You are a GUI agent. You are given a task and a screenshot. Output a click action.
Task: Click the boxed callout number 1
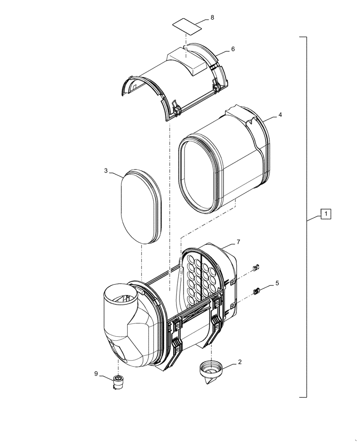point(325,214)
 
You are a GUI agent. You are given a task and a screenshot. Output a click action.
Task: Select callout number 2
point(240,362)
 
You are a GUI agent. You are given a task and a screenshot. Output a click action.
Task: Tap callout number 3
point(106,171)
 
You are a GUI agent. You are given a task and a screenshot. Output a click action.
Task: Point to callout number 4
point(280,115)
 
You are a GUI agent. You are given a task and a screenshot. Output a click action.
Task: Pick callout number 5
point(277,282)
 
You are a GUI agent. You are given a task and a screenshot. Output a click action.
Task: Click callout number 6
point(232,49)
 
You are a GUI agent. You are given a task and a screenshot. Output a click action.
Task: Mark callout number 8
point(212,17)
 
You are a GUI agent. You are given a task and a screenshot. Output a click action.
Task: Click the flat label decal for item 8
point(187,26)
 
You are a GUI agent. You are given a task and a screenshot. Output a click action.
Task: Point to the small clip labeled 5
point(256,291)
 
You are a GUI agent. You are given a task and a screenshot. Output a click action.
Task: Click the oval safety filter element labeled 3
point(140,206)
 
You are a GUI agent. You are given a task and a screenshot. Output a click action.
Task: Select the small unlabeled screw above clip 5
point(256,268)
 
